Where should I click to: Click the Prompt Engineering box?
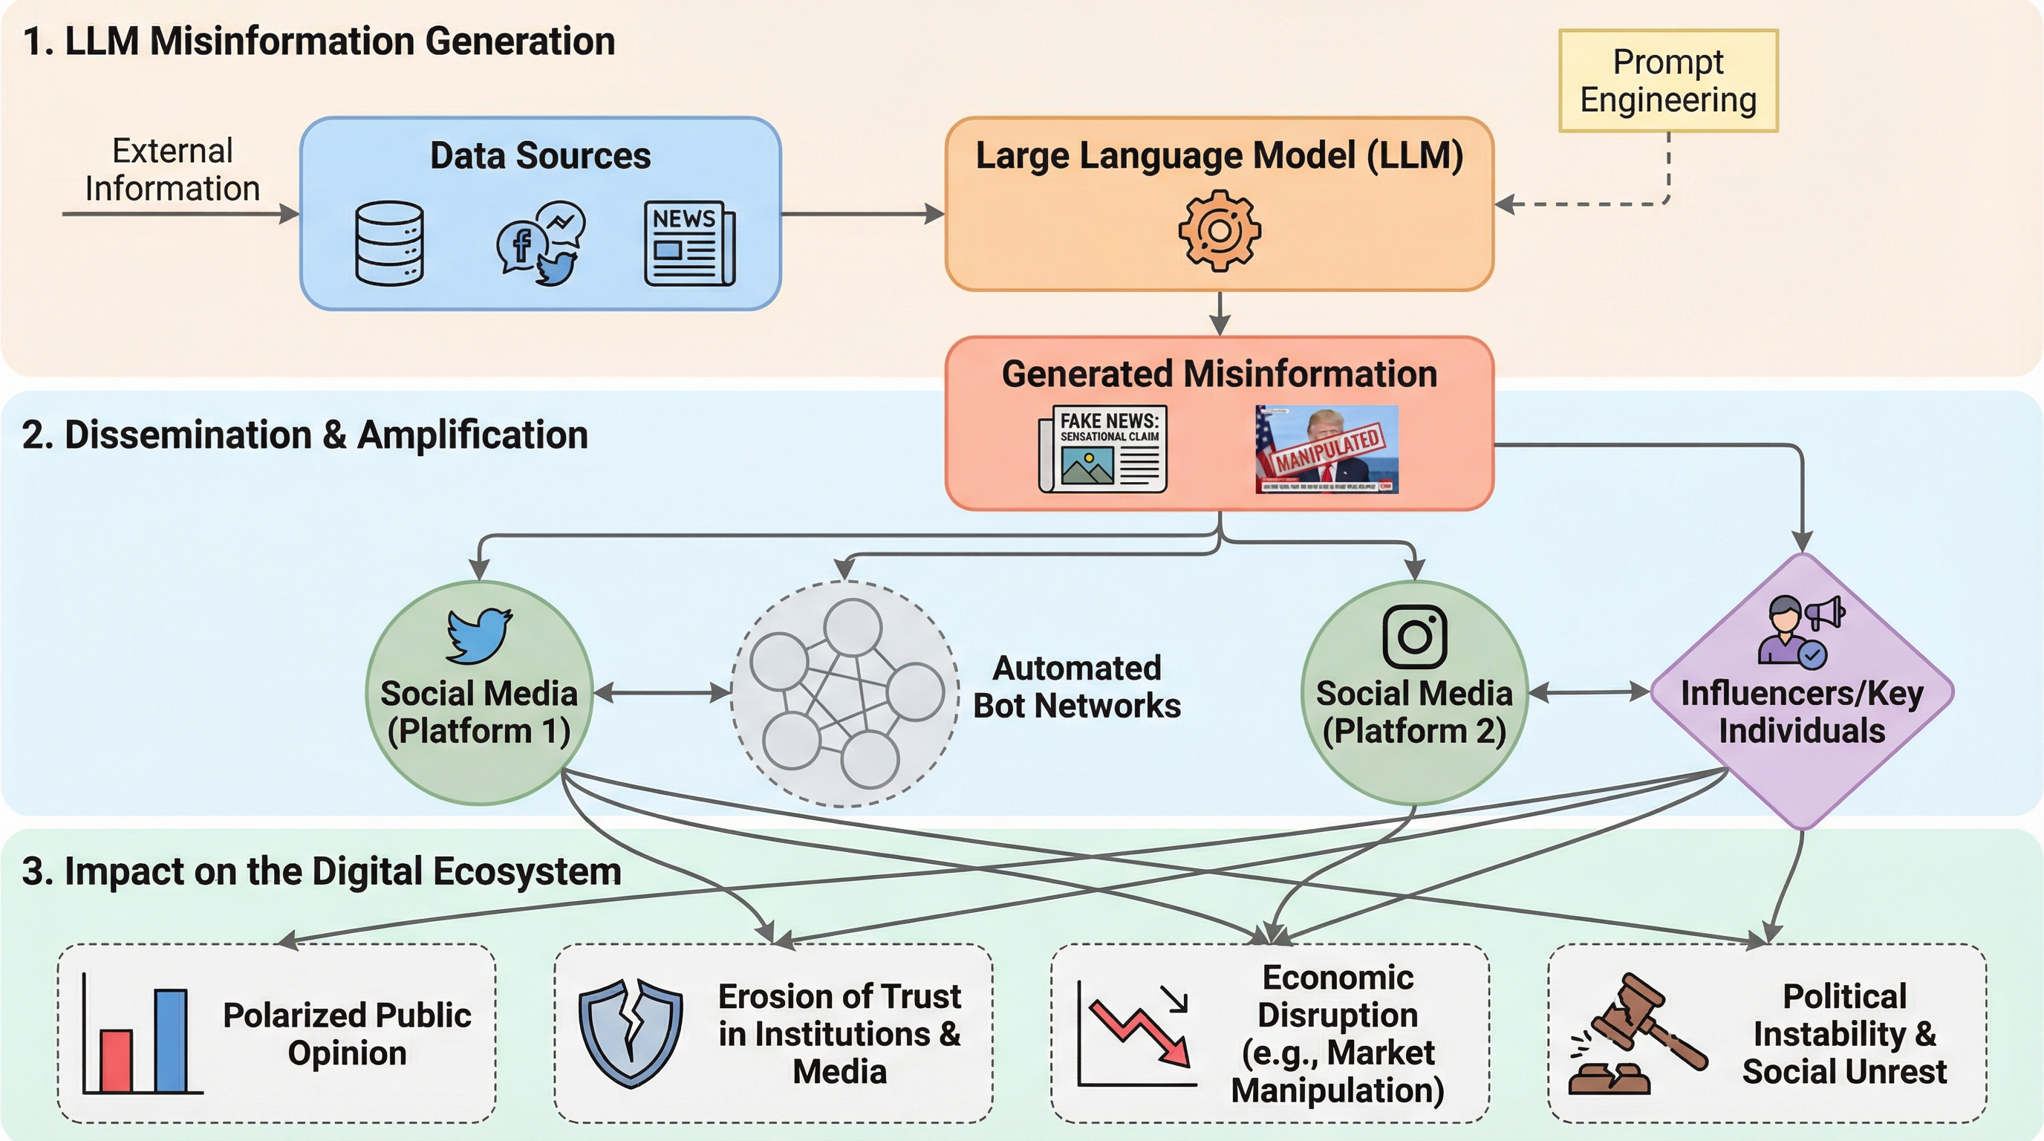pos(1668,81)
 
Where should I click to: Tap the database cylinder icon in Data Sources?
pos(388,243)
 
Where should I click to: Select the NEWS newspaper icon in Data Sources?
pos(689,243)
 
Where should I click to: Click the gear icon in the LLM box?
pos(1219,231)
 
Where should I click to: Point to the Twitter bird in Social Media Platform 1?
pos(478,635)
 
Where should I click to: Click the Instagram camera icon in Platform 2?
pos(1414,637)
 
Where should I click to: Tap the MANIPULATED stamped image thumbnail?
pos(1327,449)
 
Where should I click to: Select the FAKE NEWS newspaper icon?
pos(1103,449)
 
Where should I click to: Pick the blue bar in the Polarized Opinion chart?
pos(171,1039)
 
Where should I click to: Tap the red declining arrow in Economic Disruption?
pos(1141,1030)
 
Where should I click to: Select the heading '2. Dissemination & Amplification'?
pos(305,435)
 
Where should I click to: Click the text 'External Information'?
pos(172,170)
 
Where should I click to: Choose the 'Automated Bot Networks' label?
pos(1077,687)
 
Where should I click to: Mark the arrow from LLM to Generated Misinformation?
pos(1220,313)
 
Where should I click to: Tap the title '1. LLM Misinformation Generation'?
pos(319,42)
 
